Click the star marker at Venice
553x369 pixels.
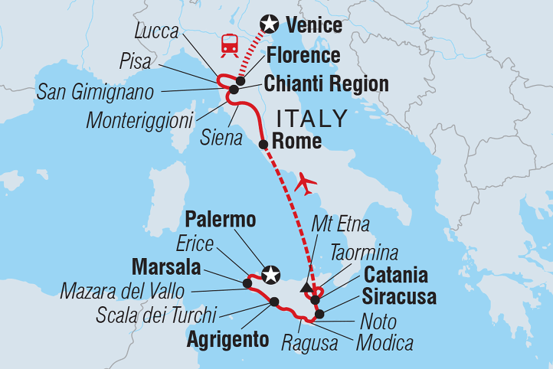(x=269, y=24)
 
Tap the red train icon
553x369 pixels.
(x=229, y=45)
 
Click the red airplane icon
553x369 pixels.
(x=306, y=183)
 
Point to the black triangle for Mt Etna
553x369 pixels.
(x=307, y=288)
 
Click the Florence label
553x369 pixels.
(x=303, y=56)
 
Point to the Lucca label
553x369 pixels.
(x=155, y=31)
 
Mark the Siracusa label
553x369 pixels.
(x=400, y=296)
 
